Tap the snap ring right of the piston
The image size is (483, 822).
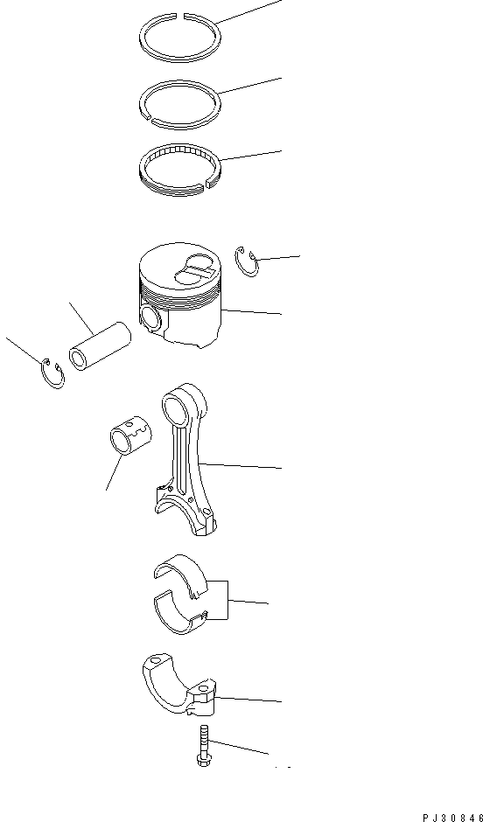click(x=246, y=262)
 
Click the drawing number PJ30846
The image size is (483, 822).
click(x=451, y=817)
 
